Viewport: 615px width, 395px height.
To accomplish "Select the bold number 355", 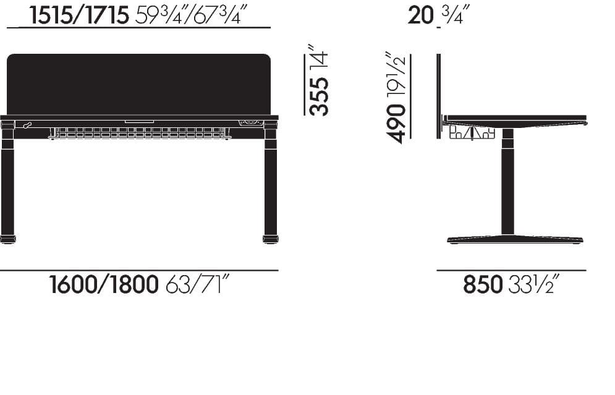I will (x=319, y=96).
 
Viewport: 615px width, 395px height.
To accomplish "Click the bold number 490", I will (x=397, y=124).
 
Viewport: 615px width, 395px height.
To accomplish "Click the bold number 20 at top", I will (x=420, y=15).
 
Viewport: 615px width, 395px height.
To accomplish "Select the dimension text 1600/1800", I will (x=104, y=286).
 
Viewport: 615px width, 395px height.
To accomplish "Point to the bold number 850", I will (x=483, y=286).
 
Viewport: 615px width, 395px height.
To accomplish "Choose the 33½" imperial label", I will (x=535, y=286).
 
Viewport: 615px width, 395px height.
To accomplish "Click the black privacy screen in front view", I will (x=138, y=83).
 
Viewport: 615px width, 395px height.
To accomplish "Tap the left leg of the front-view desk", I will (x=7, y=185).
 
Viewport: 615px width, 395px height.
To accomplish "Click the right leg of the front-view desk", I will (x=270, y=185).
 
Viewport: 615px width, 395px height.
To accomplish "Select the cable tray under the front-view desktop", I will (x=140, y=132).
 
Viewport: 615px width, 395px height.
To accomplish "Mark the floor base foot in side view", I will (x=514, y=239).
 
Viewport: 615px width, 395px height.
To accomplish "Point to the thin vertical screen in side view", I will (x=438, y=87).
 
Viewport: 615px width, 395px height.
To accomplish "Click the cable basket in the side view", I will (x=472, y=132).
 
